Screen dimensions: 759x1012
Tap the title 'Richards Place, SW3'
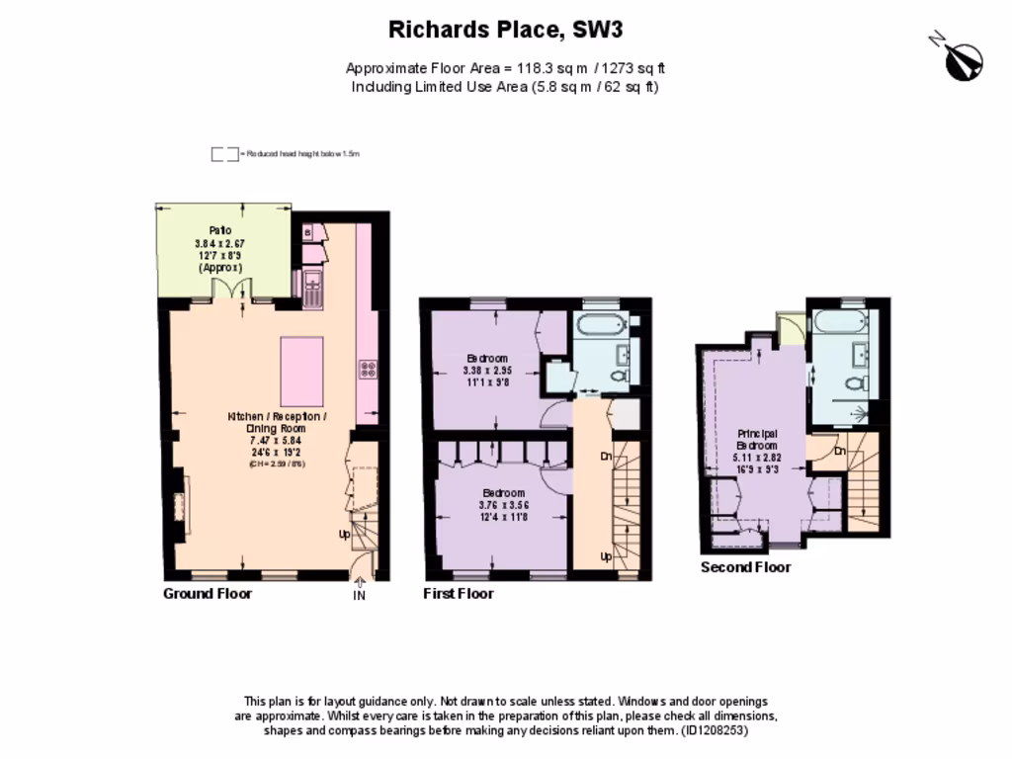(x=505, y=30)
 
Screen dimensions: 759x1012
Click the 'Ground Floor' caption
(x=208, y=594)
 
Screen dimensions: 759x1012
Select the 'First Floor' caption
(x=459, y=594)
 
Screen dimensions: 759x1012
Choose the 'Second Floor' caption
(x=746, y=567)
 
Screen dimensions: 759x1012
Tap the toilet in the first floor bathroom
(x=619, y=376)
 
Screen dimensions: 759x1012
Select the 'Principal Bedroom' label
(x=757, y=440)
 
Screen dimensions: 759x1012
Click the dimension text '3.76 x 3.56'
(x=504, y=505)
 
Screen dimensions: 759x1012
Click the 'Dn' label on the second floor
(x=839, y=451)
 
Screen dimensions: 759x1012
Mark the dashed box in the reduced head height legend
(x=224, y=154)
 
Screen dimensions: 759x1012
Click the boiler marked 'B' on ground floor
(x=307, y=232)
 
